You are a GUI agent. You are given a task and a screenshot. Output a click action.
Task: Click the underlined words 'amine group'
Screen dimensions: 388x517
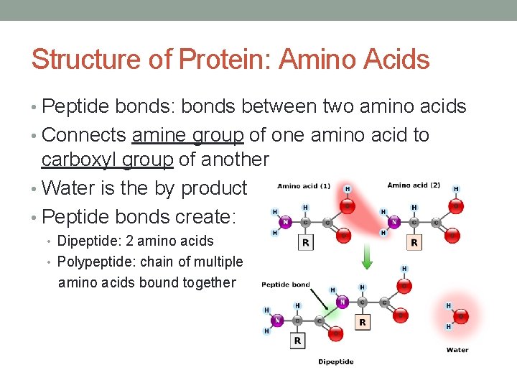[190, 135]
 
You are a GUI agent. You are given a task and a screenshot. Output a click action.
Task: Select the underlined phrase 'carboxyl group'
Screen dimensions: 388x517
[108, 160]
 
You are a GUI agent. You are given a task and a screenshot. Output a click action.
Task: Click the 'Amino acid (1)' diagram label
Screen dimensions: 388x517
[304, 186]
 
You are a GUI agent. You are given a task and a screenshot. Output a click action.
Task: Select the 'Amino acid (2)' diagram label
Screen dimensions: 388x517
[414, 185]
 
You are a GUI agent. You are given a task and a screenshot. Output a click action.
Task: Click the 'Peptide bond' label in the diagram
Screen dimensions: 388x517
[285, 285]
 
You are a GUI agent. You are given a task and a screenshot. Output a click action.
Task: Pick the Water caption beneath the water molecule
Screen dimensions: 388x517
[457, 350]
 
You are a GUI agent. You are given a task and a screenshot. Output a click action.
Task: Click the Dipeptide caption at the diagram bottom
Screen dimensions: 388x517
[336, 361]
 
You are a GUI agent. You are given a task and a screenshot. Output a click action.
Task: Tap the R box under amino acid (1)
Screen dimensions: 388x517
[307, 242]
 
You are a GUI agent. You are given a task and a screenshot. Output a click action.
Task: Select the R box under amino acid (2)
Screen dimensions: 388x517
[414, 242]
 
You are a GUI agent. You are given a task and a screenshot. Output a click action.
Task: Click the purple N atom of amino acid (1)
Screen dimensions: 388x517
[286, 222]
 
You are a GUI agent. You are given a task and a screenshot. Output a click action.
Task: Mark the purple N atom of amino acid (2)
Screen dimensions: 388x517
[393, 222]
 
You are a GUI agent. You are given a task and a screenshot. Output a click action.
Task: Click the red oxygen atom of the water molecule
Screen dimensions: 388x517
[461, 316]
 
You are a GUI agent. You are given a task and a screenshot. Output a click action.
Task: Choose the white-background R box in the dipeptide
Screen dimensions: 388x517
[297, 340]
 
